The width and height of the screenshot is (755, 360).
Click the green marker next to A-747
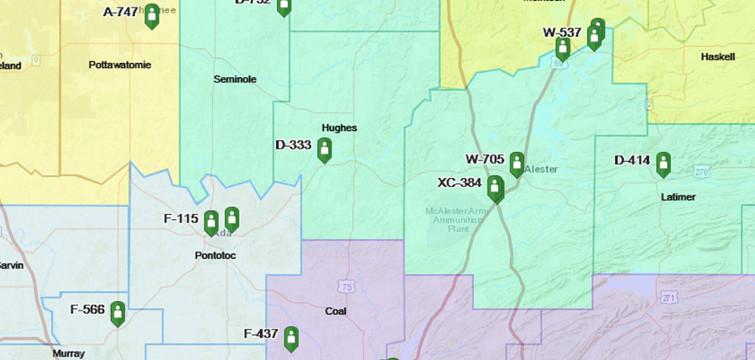(152, 15)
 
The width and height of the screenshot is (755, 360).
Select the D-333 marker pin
(324, 149)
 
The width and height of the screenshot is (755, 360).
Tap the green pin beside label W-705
(517, 164)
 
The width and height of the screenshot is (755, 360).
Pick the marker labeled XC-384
(495, 188)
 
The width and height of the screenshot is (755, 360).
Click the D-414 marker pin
(664, 164)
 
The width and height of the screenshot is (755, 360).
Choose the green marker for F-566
(117, 313)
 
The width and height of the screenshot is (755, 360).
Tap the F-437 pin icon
(291, 337)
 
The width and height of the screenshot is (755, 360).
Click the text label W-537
(562, 33)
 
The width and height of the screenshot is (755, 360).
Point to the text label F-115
(180, 218)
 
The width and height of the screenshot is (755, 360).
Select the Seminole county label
(235, 80)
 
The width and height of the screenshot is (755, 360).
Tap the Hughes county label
(339, 128)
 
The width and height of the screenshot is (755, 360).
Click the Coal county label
(336, 310)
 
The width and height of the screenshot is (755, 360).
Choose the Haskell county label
(717, 57)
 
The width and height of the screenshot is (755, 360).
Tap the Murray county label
(69, 353)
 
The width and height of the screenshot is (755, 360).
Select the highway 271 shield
(669, 298)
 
